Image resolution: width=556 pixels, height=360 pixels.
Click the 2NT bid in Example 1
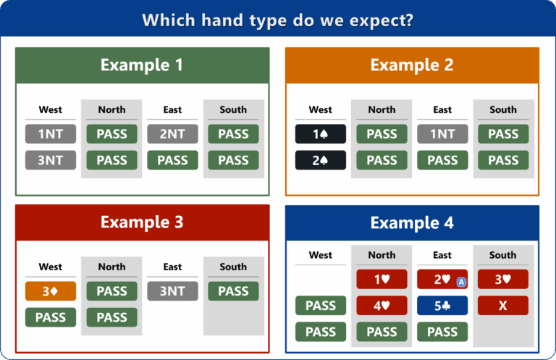(173, 134)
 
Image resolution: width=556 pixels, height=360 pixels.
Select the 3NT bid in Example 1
(51, 160)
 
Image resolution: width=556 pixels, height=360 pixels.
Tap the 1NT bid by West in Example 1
(51, 134)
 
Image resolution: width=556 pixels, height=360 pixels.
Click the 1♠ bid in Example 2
(321, 134)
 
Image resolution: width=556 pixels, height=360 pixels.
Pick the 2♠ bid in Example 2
(321, 160)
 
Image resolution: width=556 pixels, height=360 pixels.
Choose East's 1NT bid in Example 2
(442, 134)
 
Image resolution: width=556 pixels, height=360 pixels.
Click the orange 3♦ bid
(51, 291)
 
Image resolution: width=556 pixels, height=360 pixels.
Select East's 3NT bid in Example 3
(173, 291)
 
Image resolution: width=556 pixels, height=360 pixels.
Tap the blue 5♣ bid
(442, 306)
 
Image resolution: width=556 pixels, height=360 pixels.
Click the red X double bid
(503, 306)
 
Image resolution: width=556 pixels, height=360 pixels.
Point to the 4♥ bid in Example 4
(382, 306)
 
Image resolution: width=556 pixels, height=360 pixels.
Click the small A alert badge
(461, 282)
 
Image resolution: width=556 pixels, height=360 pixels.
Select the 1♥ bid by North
(382, 280)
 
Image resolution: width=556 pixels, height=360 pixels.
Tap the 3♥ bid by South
(503, 280)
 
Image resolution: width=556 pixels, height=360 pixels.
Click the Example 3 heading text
(142, 222)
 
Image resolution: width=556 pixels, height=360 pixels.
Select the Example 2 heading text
(412, 65)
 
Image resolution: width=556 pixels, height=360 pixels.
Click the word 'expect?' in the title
(382, 20)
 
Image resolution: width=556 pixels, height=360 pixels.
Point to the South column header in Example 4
(503, 255)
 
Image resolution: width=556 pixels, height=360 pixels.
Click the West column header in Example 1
(51, 109)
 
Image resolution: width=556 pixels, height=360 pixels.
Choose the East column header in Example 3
(172, 267)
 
